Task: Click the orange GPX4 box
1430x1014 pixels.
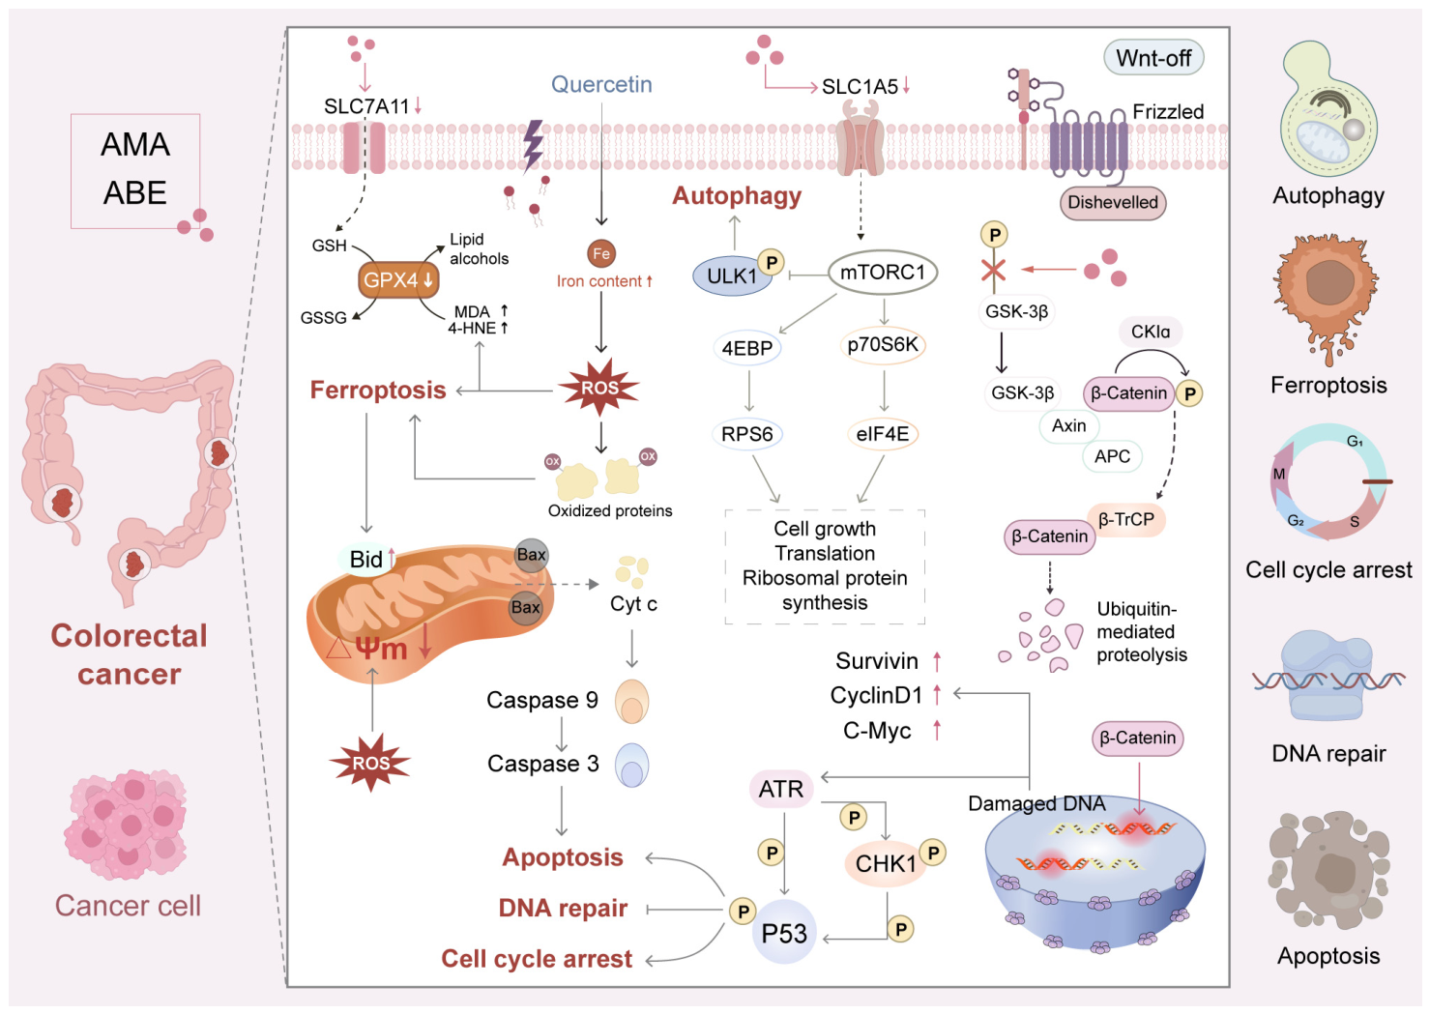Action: [398, 280]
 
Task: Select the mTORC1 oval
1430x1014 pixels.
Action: [882, 273]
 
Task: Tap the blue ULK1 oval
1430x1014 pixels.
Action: [732, 275]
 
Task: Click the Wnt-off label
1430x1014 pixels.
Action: [1153, 58]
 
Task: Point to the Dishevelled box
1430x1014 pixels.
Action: [1113, 202]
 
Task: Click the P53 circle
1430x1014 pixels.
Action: [784, 933]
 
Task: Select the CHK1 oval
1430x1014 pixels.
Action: [886, 863]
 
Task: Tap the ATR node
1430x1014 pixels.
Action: [781, 789]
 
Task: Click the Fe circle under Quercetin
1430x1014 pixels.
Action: [601, 253]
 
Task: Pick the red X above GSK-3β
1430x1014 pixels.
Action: [993, 270]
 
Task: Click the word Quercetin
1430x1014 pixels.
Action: [601, 84]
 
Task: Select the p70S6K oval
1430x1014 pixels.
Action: [883, 345]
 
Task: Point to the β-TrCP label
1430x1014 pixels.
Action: [1126, 519]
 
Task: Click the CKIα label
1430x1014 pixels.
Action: [1151, 332]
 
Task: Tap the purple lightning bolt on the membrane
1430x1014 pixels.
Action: [533, 146]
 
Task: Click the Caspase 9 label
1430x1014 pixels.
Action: [542, 700]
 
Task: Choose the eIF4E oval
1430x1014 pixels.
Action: [883, 434]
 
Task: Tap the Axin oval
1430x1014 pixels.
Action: [1069, 425]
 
